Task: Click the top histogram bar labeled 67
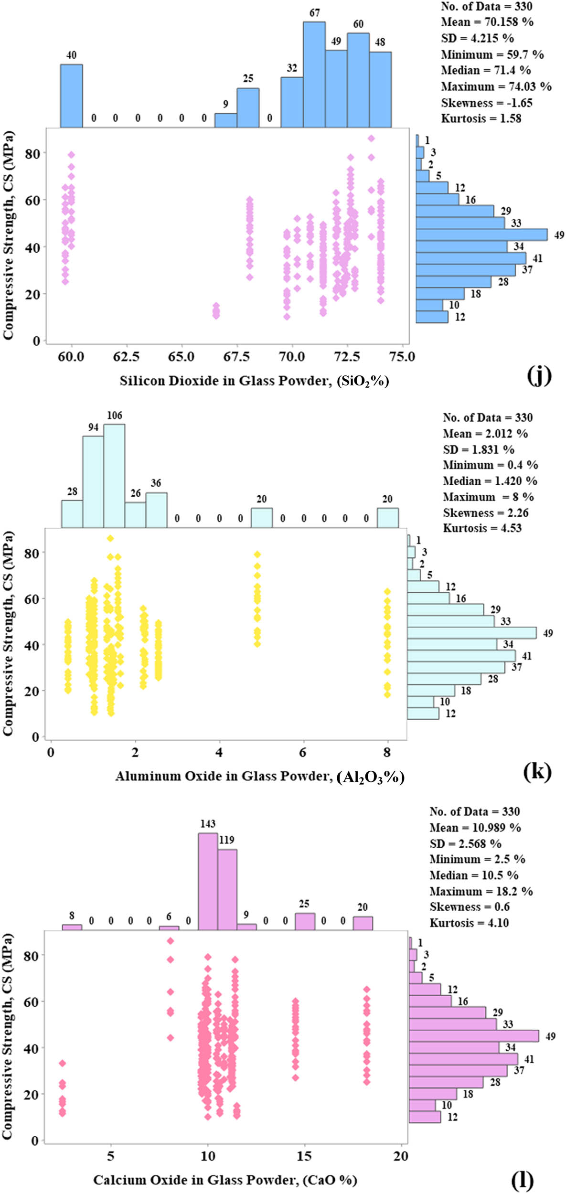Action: pyautogui.click(x=314, y=75)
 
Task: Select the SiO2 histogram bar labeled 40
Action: pyautogui.click(x=71, y=96)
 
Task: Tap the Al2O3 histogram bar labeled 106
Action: pyautogui.click(x=114, y=476)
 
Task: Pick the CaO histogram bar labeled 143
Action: pyautogui.click(x=208, y=881)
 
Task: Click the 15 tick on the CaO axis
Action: pyautogui.click(x=304, y=1156)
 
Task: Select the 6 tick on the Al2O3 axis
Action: pyautogui.click(x=303, y=753)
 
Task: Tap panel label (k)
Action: pyautogui.click(x=537, y=771)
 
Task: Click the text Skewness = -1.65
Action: pyautogui.click(x=486, y=103)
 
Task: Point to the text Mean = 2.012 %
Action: pyautogui.click(x=485, y=434)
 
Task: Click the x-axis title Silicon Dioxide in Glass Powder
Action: pyautogui.click(x=254, y=381)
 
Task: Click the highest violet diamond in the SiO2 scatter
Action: pyautogui.click(x=371, y=139)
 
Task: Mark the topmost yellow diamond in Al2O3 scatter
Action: pyautogui.click(x=110, y=538)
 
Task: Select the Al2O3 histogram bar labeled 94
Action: pyautogui.click(x=93, y=481)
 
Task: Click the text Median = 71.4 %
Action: pyautogui.click(x=485, y=70)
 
